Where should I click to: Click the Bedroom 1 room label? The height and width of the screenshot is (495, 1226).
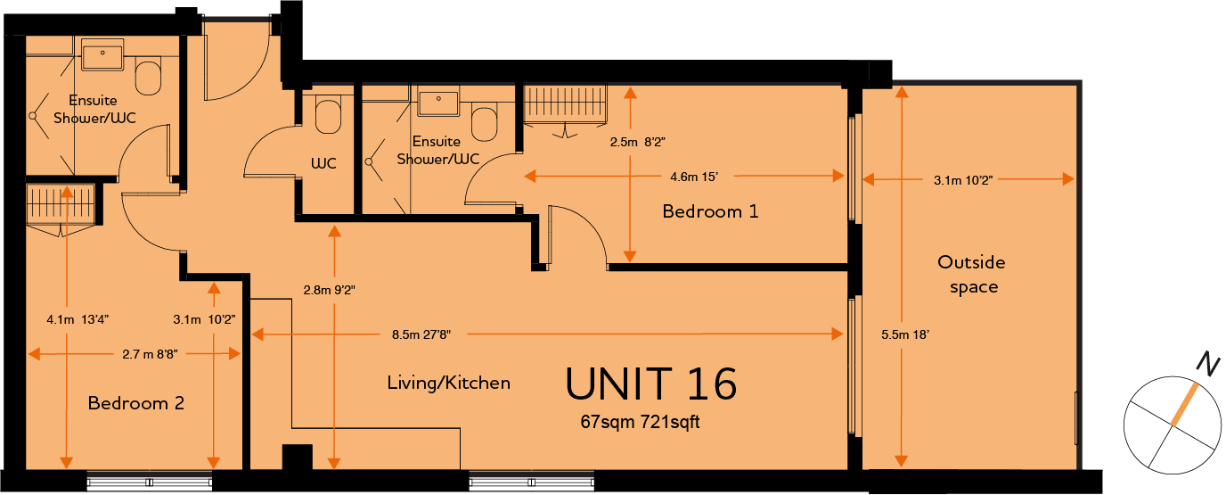pyautogui.click(x=710, y=211)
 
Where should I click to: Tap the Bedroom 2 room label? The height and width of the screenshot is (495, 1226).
pyautogui.click(x=135, y=403)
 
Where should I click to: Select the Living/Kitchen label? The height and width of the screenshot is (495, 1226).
pyautogui.click(x=448, y=383)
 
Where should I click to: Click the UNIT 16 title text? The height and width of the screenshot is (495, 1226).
pyautogui.click(x=650, y=384)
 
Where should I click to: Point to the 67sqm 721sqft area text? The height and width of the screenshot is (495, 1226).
pyautogui.click(x=640, y=422)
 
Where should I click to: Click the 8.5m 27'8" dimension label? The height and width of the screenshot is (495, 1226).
pyautogui.click(x=421, y=334)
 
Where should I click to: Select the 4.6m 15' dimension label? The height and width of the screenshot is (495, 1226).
pyautogui.click(x=693, y=177)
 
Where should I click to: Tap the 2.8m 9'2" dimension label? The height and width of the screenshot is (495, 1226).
pyautogui.click(x=329, y=290)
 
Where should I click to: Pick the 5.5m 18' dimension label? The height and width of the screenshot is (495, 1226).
pyautogui.click(x=905, y=334)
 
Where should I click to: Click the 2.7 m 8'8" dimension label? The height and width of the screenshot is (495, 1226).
pyautogui.click(x=150, y=354)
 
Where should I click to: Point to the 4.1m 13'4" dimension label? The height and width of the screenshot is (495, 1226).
pyautogui.click(x=78, y=319)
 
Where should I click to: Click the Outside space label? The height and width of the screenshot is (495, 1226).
pyautogui.click(x=972, y=274)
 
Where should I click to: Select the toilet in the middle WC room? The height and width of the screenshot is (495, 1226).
pyautogui.click(x=328, y=116)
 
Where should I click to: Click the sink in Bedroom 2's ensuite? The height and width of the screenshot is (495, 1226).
pyautogui.click(x=102, y=54)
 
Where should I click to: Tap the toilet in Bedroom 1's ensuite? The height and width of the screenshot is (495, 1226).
pyautogui.click(x=484, y=124)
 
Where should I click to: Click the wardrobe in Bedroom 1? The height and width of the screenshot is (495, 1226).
pyautogui.click(x=565, y=105)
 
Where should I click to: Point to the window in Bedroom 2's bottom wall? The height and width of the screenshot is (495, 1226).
pyautogui.click(x=149, y=481)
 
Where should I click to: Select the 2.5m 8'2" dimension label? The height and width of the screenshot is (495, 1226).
pyautogui.click(x=638, y=143)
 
